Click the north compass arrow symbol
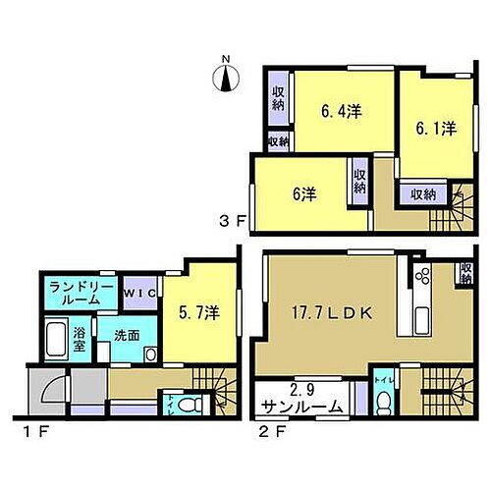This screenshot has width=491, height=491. (x=226, y=76)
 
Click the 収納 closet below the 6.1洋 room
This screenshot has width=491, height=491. (x=422, y=193)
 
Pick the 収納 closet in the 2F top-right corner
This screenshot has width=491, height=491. (x=464, y=274)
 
